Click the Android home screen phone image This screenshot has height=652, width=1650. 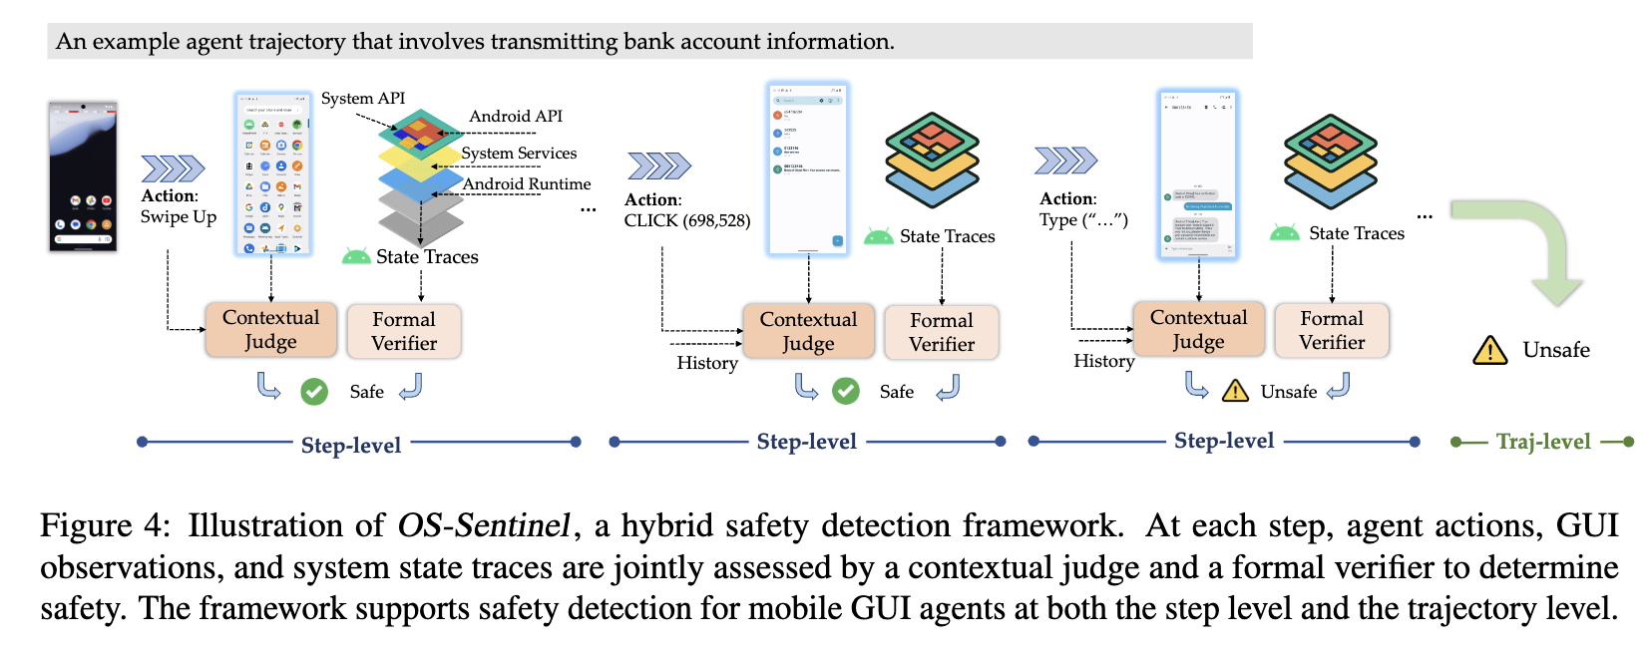pos(83,175)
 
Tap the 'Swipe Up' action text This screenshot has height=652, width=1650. pos(179,217)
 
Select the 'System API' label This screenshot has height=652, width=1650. pos(363,99)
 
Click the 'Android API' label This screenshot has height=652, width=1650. pos(516,117)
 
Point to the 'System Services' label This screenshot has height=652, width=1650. pos(519,154)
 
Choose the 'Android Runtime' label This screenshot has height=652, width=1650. pos(527,184)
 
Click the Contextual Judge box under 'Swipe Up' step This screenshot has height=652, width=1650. pos(270,330)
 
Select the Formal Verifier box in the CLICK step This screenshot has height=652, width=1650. pos(941,332)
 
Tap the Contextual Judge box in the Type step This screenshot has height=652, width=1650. pos(1198,330)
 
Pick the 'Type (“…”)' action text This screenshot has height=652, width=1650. pos(1083,220)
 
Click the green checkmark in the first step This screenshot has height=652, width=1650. pos(314,392)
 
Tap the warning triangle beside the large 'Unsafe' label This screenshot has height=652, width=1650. pos(1489,351)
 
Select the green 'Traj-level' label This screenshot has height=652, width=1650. pos(1542,442)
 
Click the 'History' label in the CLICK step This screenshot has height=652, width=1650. pos(707,363)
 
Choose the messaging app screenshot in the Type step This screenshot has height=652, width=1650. pos(1198,175)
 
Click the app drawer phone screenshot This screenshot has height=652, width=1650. pos(272,174)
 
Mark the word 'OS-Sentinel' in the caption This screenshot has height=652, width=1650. pos(484,525)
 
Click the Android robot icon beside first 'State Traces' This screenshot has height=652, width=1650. pos(356,256)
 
